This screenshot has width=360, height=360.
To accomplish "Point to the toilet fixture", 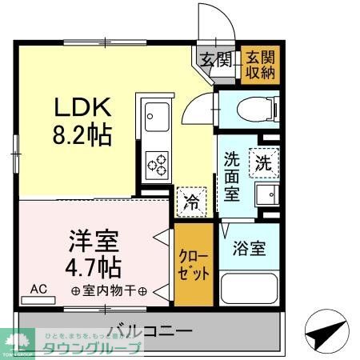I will click(251, 110).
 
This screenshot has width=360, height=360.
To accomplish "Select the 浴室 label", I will click(249, 247).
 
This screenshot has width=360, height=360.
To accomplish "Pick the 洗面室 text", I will click(232, 177).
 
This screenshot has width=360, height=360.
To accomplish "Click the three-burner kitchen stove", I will click(156, 165).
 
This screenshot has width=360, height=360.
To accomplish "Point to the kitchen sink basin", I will click(154, 118).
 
